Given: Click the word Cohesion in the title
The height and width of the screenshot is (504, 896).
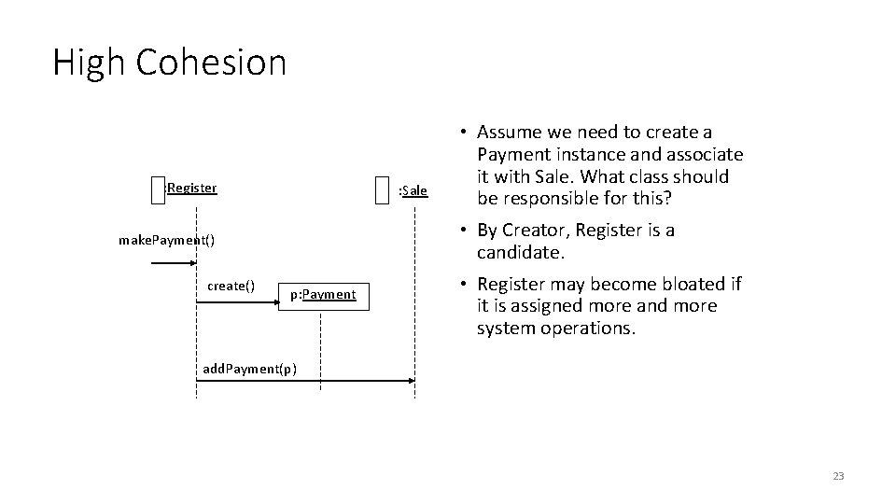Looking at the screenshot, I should point(211,63).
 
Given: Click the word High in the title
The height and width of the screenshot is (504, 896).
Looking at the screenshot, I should point(90,63).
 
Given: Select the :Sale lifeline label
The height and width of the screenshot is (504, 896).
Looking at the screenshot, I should point(413,191).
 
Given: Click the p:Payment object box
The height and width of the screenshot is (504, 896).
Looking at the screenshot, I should point(322,294).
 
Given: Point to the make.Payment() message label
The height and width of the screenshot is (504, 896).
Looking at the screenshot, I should point(166,240).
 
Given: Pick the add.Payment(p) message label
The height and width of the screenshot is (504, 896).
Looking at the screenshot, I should point(250,369).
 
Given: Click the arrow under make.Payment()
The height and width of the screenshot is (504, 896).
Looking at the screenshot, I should point(173,264).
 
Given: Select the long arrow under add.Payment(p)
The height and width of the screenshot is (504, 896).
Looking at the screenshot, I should point(308,381).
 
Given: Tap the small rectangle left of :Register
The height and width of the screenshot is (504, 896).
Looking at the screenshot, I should point(156,189).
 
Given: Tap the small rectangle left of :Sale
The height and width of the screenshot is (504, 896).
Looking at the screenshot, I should point(380,190).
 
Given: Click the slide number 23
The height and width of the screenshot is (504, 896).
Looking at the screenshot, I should point(837,477).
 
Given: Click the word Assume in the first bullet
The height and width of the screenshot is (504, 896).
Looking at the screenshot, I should point(513,133).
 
